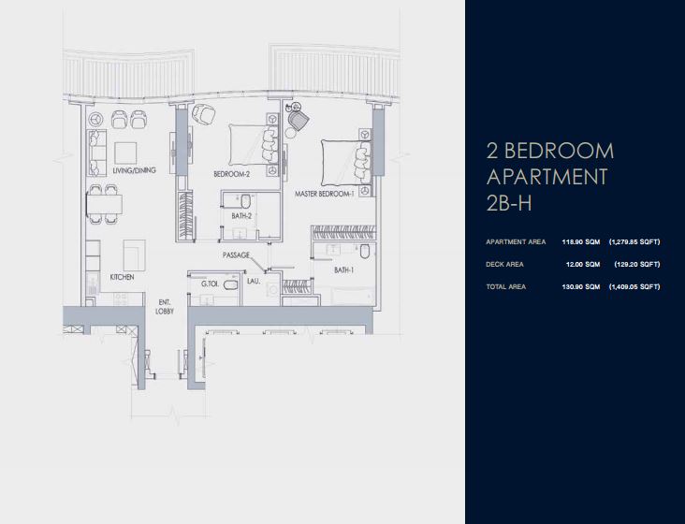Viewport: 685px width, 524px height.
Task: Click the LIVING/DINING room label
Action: click(132, 170)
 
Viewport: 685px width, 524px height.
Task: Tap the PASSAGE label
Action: click(236, 255)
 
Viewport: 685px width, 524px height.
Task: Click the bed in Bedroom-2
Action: click(251, 146)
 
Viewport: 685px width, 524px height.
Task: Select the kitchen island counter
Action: click(134, 252)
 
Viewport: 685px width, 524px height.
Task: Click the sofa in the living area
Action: click(96, 153)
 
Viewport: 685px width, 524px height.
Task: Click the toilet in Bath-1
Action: click(369, 255)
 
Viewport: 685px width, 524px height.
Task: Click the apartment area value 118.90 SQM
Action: click(580, 241)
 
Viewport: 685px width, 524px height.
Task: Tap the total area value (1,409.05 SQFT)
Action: click(634, 286)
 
